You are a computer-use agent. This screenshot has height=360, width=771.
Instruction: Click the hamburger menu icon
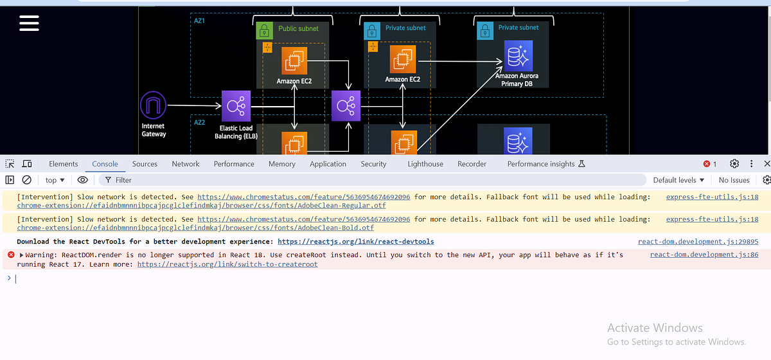tap(29, 23)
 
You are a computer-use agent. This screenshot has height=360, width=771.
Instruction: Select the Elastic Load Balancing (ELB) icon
tap(236, 105)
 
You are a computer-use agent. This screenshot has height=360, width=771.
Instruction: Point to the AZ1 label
tap(200, 21)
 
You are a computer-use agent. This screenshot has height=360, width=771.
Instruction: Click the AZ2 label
tap(200, 122)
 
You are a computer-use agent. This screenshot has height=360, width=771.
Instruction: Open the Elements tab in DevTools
tap(63, 164)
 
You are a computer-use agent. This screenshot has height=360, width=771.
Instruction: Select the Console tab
tap(105, 164)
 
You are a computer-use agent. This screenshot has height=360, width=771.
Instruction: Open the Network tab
tap(185, 164)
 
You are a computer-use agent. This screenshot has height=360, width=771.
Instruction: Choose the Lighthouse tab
tap(425, 164)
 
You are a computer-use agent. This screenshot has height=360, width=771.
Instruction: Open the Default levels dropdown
tap(678, 180)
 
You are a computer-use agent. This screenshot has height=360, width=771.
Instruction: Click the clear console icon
tap(27, 180)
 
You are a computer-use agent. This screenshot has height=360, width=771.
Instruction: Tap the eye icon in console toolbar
tap(83, 180)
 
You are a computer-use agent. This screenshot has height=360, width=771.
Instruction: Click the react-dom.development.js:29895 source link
tap(698, 242)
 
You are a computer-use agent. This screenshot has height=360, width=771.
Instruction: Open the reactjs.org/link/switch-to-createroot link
tap(227, 264)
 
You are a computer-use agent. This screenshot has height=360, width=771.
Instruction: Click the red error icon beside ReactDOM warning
tap(11, 255)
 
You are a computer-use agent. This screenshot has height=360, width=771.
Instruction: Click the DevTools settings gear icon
tap(734, 164)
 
